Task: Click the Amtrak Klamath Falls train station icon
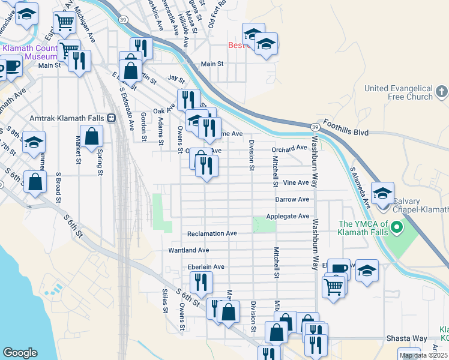[x=111, y=119]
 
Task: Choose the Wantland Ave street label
[x=188, y=250]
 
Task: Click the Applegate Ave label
[x=292, y=216]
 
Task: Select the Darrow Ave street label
[x=292, y=199]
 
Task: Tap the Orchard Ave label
[x=289, y=148]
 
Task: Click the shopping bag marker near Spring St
[x=92, y=136]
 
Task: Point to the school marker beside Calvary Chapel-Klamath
[x=382, y=193]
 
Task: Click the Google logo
[x=20, y=352]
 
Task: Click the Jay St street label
[x=176, y=79]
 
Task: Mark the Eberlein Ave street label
[x=205, y=267]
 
